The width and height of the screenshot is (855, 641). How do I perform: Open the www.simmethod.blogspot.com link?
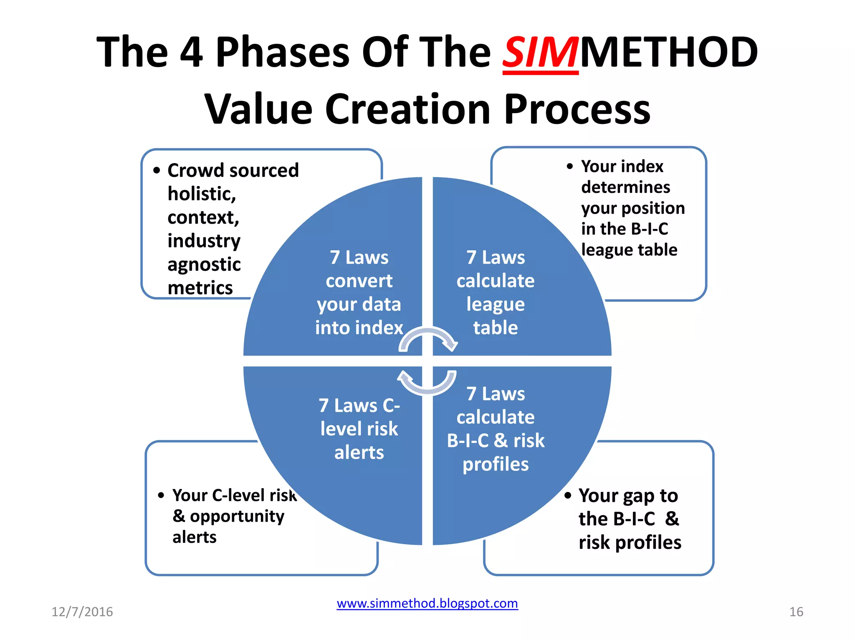click(427, 603)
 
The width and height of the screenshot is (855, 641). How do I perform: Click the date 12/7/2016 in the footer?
click(82, 611)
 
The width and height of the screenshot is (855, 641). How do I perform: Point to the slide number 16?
click(796, 611)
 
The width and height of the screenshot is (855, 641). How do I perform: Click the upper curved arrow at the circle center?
click(428, 338)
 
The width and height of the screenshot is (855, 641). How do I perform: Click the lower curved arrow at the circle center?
click(427, 383)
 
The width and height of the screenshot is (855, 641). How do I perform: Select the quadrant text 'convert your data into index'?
click(359, 304)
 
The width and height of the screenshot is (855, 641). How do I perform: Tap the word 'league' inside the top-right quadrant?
click(495, 304)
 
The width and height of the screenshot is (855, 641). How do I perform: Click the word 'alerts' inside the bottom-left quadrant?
click(359, 452)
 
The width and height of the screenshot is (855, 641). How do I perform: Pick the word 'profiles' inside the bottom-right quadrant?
click(495, 464)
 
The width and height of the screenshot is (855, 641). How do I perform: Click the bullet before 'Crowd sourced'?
click(157, 170)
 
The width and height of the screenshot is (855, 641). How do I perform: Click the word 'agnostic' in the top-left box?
click(204, 265)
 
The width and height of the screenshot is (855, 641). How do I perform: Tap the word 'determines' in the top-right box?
click(625, 187)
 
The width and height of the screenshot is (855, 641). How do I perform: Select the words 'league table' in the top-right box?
click(629, 250)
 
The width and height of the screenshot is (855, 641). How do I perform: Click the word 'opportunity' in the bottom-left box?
click(237, 516)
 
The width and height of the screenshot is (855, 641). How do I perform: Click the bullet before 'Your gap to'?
click(568, 495)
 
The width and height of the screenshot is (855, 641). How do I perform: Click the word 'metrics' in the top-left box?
click(200, 288)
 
